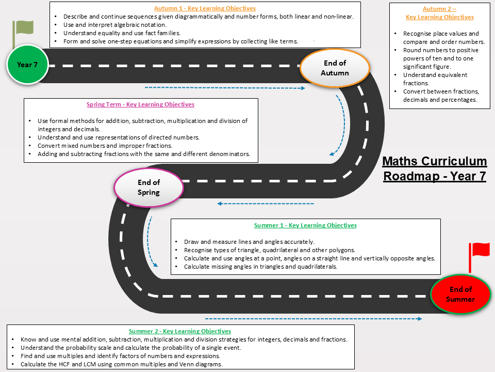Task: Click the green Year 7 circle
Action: click(x=27, y=65)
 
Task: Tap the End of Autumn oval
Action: click(x=335, y=68)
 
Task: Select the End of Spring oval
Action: click(x=148, y=187)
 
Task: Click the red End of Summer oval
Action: click(x=460, y=294)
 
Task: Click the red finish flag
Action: click(x=479, y=256)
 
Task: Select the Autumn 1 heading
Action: click(x=205, y=8)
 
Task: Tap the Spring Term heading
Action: click(x=140, y=104)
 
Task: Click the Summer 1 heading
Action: click(x=305, y=225)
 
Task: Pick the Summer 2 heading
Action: click(x=179, y=331)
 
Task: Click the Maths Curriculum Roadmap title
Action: click(x=434, y=168)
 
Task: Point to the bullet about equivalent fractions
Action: click(x=435, y=79)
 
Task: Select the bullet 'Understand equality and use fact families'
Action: click(x=122, y=33)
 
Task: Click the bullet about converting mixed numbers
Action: click(x=105, y=146)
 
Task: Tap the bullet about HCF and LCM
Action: click(x=122, y=364)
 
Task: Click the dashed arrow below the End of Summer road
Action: click(x=313, y=319)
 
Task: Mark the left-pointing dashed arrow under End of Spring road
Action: click(x=266, y=204)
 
